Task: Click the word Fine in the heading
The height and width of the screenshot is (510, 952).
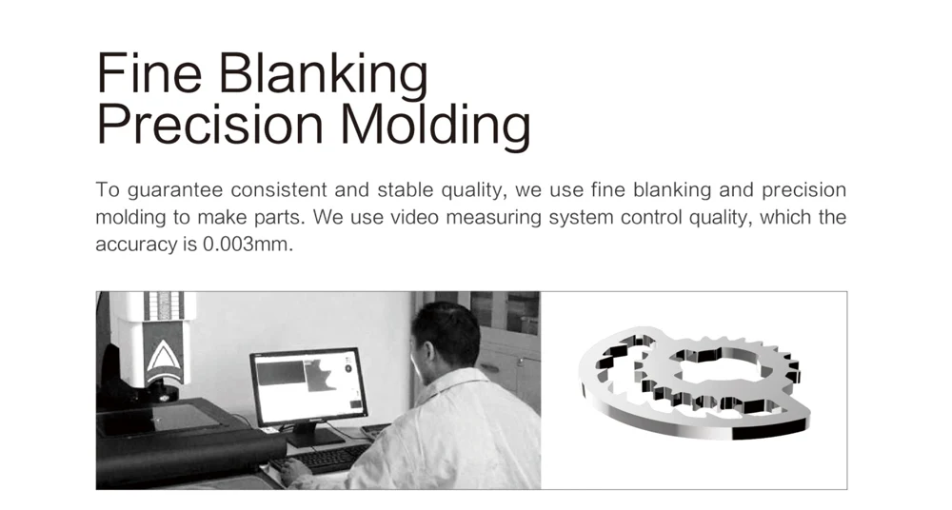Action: click(149, 72)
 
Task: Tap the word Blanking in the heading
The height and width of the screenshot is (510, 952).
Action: click(323, 76)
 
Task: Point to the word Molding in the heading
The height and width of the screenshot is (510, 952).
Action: click(435, 127)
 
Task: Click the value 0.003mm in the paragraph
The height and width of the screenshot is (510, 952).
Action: click(248, 245)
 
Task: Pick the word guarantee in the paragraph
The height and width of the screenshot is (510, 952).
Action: click(175, 190)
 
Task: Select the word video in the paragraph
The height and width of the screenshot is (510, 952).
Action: click(414, 217)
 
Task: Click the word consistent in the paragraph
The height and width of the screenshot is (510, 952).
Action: click(279, 190)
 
